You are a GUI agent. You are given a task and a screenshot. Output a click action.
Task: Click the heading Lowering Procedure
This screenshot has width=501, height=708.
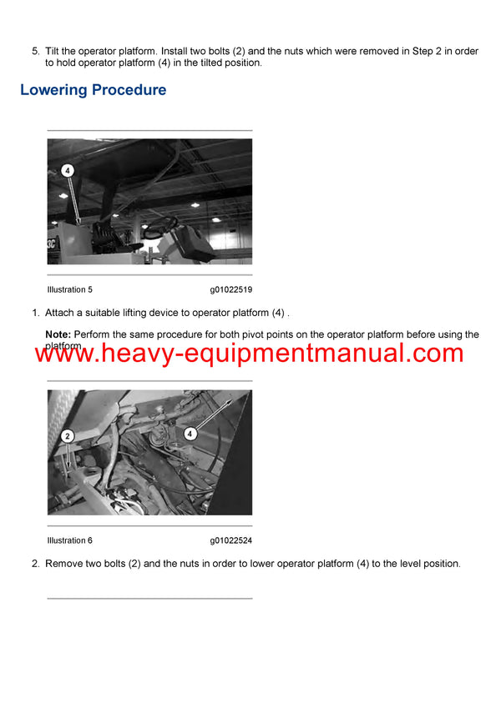(93, 90)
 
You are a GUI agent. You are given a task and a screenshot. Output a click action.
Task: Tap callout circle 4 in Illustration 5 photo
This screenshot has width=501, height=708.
(68, 170)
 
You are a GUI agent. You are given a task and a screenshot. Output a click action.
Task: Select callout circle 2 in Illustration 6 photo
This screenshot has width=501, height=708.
(68, 435)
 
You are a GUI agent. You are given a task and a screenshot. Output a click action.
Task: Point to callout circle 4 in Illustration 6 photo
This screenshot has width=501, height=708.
(190, 434)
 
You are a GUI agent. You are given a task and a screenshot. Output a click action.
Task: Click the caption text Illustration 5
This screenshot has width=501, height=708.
(70, 289)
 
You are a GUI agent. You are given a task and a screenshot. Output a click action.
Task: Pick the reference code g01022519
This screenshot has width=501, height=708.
(231, 289)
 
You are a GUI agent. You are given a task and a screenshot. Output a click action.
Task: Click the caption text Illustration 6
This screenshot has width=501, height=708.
(70, 540)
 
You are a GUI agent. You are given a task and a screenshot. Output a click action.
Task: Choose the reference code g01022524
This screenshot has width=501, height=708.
(231, 540)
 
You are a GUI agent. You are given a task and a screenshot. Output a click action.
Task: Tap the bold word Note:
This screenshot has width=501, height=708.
(58, 334)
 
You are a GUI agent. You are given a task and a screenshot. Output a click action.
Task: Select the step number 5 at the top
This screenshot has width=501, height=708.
(34, 52)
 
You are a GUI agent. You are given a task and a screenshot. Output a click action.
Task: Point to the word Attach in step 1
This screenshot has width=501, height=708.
(60, 313)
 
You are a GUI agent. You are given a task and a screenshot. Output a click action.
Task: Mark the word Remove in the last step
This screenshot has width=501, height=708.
(64, 564)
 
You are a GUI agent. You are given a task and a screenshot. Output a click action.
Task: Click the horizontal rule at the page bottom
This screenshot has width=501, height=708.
(149, 598)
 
